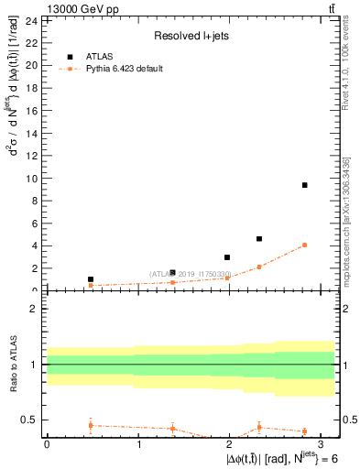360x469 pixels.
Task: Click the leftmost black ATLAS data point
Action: tap(91, 279)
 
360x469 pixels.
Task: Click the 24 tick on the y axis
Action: tap(30, 20)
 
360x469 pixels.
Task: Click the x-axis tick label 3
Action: tap(323, 444)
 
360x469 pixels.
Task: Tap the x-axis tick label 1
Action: tap(138, 444)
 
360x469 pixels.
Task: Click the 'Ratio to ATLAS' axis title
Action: tap(15, 364)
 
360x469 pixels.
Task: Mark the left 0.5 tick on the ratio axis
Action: tap(30, 420)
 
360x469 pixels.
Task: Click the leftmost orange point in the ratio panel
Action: tap(91, 425)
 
